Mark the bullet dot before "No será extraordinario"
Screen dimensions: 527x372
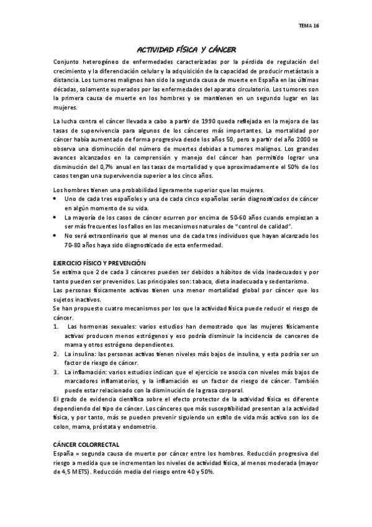(x=56, y=236)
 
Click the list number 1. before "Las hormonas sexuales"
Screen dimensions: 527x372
(x=56, y=326)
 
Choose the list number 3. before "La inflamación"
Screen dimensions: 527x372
(x=56, y=372)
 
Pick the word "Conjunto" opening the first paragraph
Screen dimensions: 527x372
(x=68, y=62)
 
